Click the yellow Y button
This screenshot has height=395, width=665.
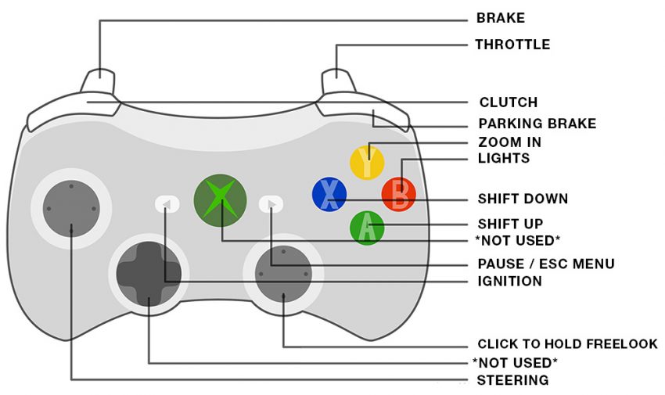tap(366, 160)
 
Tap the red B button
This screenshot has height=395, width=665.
tap(399, 194)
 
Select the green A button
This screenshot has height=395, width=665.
tap(367, 228)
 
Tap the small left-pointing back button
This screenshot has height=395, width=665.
tap(167, 204)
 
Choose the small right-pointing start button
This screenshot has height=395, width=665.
tap(271, 204)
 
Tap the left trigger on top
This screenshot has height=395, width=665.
tap(99, 82)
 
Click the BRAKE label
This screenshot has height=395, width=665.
tap(501, 18)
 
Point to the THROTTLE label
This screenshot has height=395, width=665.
tap(512, 45)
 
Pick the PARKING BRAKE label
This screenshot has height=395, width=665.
tap(537, 124)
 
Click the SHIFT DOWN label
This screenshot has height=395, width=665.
tap(523, 199)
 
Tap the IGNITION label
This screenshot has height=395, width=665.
tap(509, 282)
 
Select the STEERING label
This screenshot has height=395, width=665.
tap(512, 380)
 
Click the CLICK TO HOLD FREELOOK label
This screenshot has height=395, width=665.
tap(567, 344)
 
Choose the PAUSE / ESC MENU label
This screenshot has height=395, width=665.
tap(545, 264)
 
